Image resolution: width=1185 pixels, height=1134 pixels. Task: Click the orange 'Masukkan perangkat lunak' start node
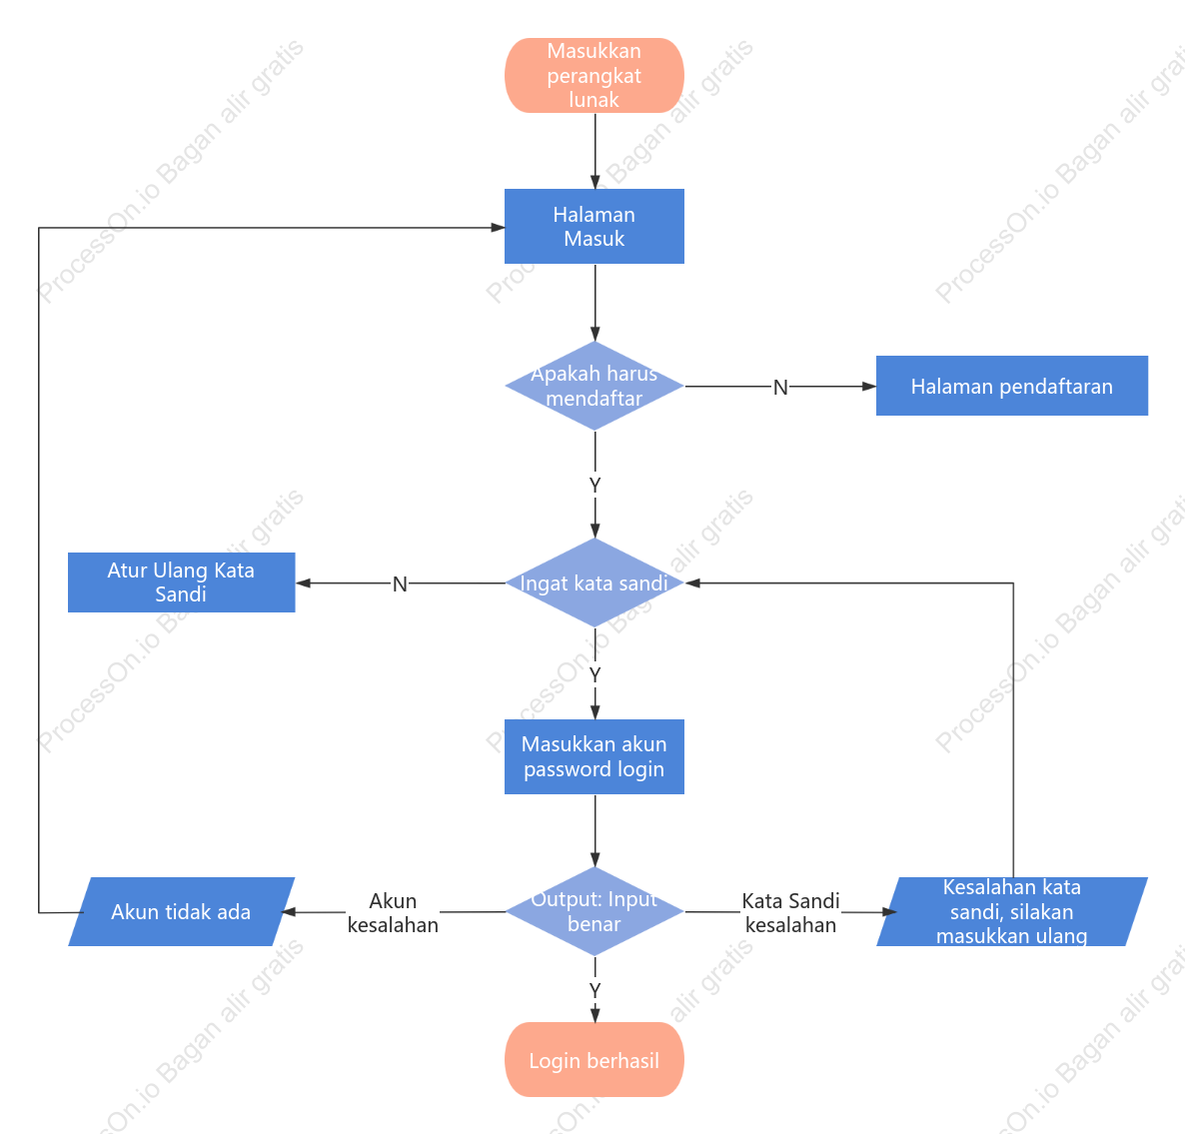coord(594,76)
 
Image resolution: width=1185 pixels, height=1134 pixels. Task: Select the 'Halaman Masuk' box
coord(594,227)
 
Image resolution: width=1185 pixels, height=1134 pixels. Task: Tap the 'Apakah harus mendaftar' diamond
coord(594,386)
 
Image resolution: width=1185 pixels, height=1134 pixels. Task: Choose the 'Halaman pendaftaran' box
coord(1012,386)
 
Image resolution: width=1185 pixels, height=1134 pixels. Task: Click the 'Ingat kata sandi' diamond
coord(594,582)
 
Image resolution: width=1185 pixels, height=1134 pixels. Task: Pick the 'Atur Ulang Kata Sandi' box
coord(182,582)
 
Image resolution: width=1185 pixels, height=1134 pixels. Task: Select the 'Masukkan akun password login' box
coord(594,757)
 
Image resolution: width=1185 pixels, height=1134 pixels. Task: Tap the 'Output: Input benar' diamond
coord(594,912)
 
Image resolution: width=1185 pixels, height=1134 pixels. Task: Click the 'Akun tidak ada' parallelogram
coord(182,912)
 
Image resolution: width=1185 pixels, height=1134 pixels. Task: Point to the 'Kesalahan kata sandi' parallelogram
coord(1012,912)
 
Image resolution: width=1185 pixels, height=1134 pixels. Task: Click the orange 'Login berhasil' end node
coord(594,1060)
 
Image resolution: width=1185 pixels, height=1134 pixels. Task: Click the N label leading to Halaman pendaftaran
coord(780,388)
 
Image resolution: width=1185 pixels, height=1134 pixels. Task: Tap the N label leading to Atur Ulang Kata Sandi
coord(400,584)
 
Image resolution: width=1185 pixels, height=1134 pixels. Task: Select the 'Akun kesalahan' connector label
coord(393,912)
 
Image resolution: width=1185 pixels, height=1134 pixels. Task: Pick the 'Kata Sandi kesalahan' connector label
coord(790,912)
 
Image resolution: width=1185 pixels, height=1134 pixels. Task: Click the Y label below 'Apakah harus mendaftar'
coord(594,485)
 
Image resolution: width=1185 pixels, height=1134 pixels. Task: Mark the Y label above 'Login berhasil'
coord(594,990)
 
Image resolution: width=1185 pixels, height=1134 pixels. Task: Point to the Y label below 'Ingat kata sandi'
coord(594,674)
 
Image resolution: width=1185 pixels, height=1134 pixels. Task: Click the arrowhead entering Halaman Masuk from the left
coord(498,228)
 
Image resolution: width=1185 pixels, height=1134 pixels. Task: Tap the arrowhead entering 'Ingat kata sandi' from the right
coord(692,583)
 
